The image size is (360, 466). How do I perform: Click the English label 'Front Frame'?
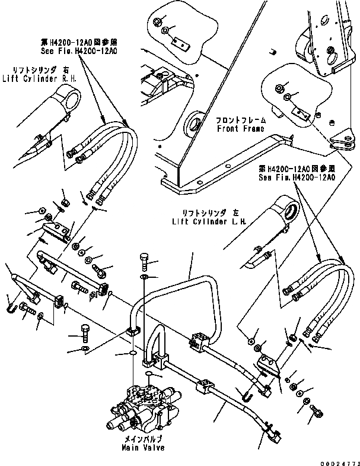tap(241, 128)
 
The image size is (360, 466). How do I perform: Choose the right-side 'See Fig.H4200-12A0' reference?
tap(297, 177)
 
